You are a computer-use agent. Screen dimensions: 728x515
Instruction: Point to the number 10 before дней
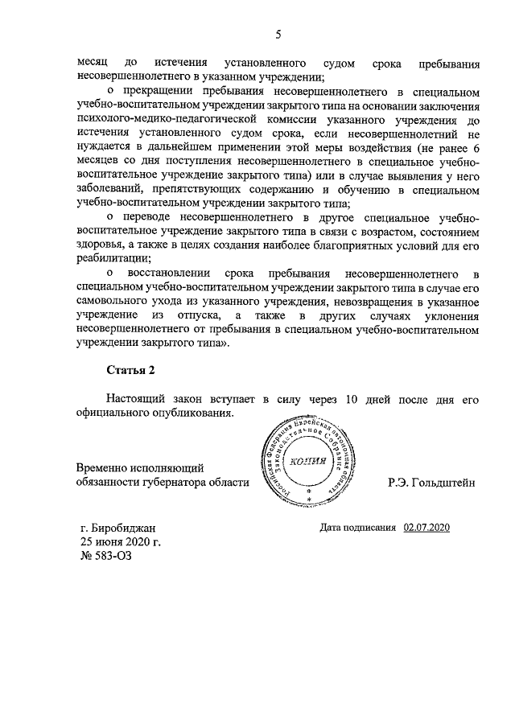[351, 399]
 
